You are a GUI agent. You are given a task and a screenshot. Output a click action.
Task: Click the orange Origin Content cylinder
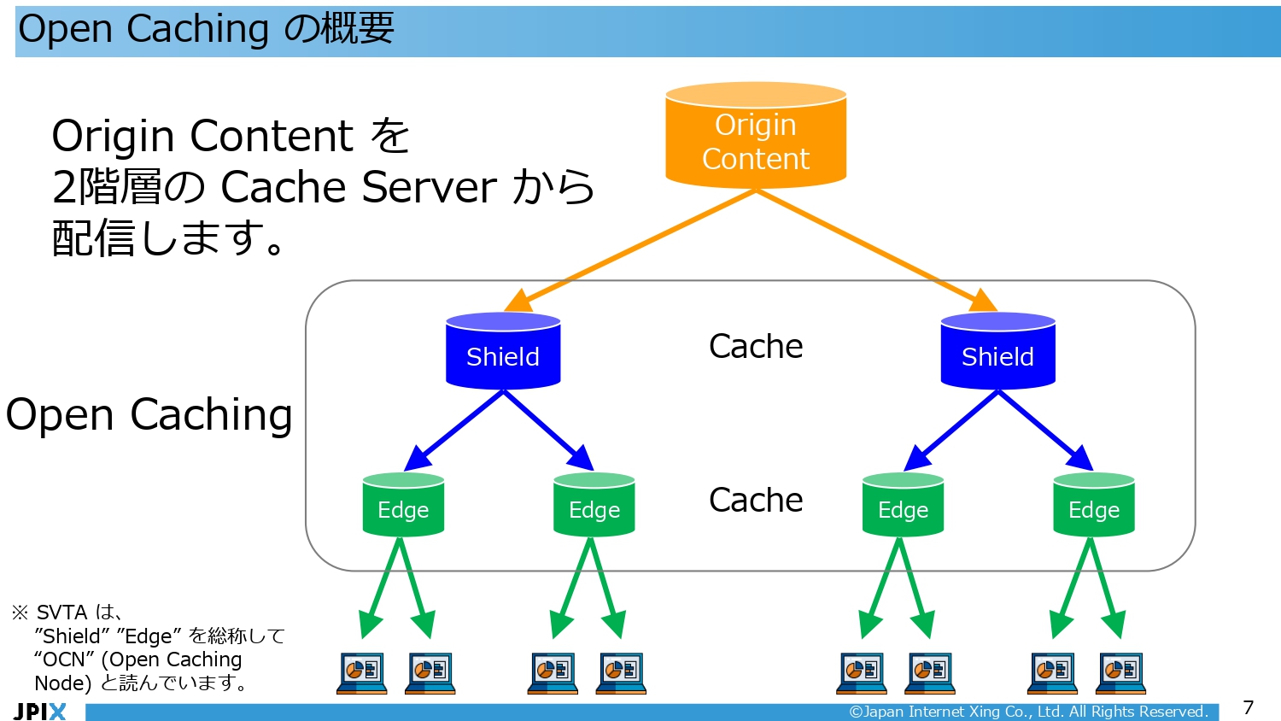pos(756,137)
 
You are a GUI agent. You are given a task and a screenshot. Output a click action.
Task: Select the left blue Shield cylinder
pos(503,352)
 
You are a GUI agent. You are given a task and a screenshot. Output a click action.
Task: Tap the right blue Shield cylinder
pos(997,352)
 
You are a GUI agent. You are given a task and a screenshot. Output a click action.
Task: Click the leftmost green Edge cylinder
pos(403,506)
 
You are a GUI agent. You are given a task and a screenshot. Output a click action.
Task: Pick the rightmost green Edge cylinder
pos(1093,506)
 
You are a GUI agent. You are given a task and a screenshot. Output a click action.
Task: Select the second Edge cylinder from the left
pos(594,506)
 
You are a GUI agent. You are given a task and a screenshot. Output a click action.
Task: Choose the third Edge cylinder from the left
pos(903,506)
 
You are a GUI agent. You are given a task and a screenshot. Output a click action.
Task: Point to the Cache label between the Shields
pos(756,346)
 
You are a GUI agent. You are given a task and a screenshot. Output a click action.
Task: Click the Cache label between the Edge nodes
pos(756,500)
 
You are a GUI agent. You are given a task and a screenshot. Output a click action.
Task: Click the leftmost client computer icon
pos(362,673)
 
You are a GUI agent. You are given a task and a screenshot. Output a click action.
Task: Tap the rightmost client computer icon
pos(1120,673)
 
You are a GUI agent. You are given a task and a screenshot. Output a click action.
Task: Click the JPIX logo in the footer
pos(39,711)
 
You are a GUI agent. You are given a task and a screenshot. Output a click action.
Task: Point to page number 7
pos(1248,707)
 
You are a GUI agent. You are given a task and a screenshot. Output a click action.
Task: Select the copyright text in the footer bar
pos(1028,712)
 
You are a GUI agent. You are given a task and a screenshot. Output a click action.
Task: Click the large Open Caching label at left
pos(149,415)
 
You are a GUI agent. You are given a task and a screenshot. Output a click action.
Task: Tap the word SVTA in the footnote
pos(61,613)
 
